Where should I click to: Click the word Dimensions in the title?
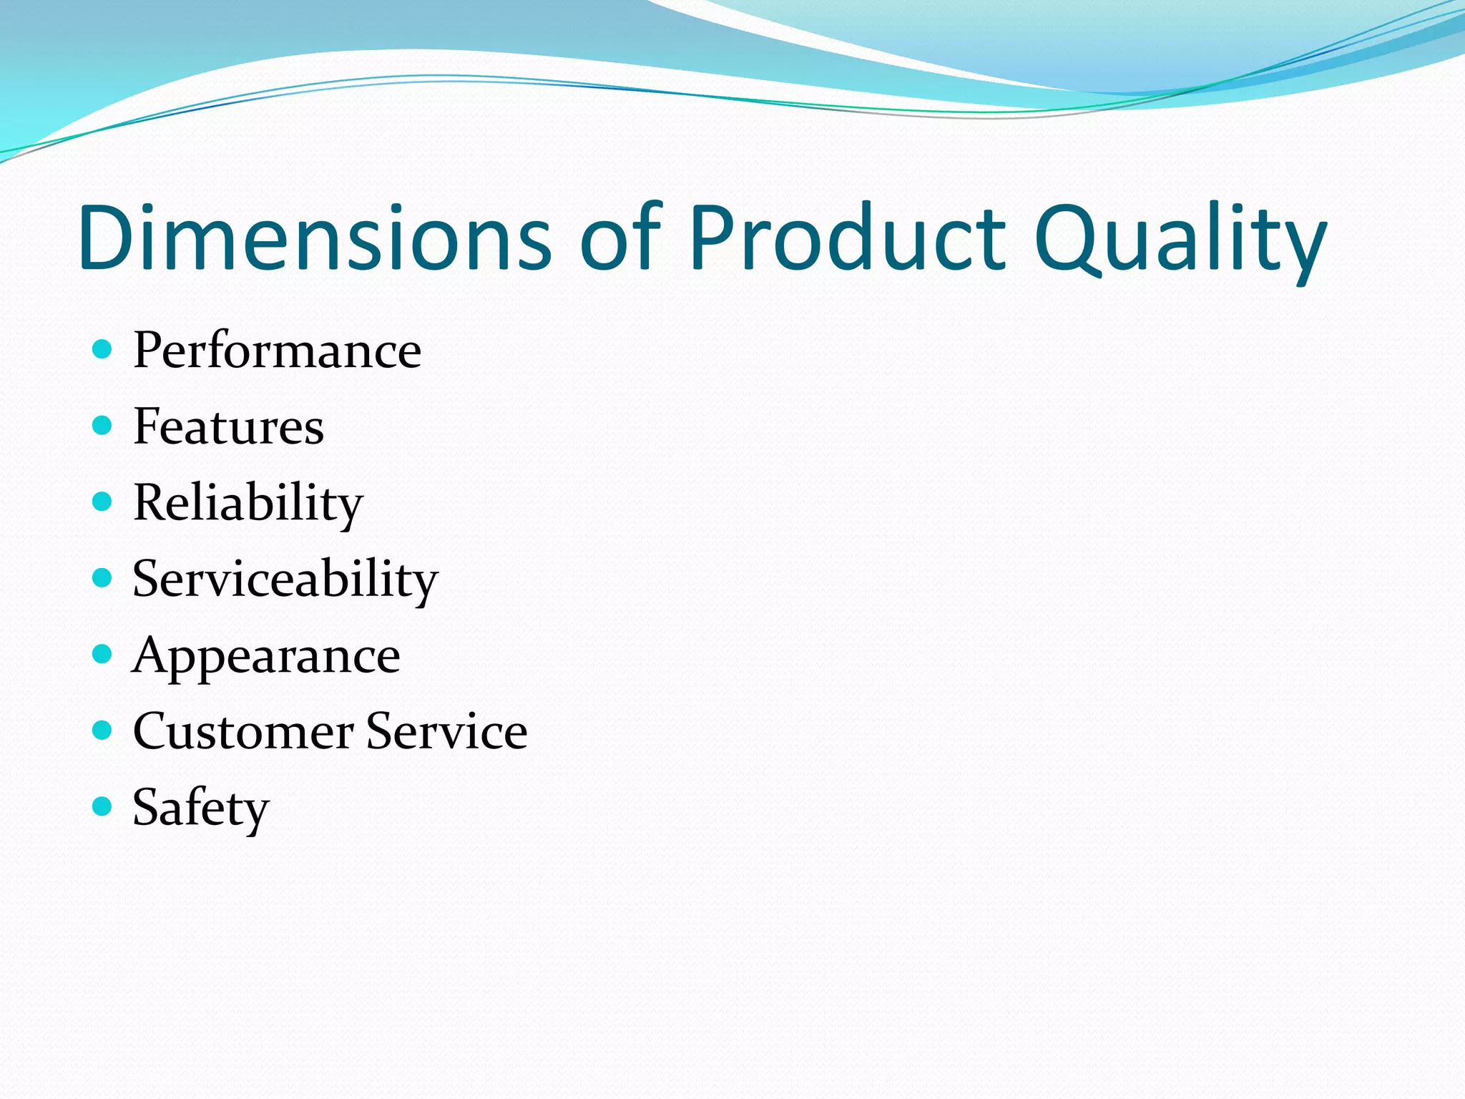(x=315, y=238)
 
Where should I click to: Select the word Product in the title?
(x=848, y=238)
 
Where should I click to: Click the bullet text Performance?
(x=277, y=351)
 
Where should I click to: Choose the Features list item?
(x=228, y=426)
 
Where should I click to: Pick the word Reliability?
(x=248, y=503)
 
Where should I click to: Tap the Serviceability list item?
(x=285, y=579)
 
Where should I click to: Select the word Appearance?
(x=265, y=656)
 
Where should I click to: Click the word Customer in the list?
(x=242, y=731)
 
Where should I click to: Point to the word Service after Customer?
(x=446, y=731)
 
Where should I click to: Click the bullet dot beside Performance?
(x=103, y=349)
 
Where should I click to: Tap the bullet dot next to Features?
(x=103, y=426)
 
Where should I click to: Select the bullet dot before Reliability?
(x=103, y=502)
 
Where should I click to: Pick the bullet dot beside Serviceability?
(x=103, y=577)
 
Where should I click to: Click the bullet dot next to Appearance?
(x=103, y=654)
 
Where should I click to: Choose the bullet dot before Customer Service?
(x=103, y=730)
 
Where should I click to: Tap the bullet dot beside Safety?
(x=103, y=806)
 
